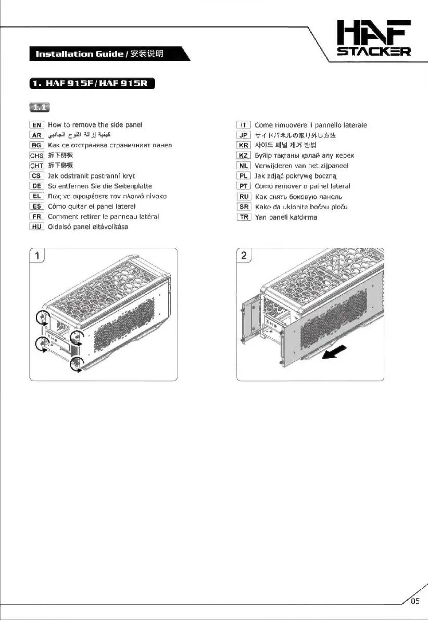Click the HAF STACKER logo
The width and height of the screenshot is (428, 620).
click(x=373, y=37)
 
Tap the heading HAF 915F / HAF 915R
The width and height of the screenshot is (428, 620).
click(x=91, y=84)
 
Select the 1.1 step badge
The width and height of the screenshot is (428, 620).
click(x=40, y=108)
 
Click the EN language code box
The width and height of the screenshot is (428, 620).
click(x=37, y=125)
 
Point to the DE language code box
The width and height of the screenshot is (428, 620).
click(x=37, y=186)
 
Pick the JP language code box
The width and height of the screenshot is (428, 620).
click(x=244, y=135)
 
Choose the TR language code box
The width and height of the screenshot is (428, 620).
click(x=244, y=217)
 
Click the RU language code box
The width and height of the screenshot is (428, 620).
click(x=244, y=196)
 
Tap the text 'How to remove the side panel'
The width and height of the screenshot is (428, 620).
click(x=95, y=125)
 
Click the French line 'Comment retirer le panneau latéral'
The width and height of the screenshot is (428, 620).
click(x=103, y=217)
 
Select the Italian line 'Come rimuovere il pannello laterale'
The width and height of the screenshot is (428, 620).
click(x=310, y=125)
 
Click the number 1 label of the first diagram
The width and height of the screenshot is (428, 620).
click(x=38, y=256)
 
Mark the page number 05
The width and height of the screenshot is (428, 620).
click(x=414, y=602)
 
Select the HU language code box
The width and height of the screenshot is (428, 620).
click(x=37, y=226)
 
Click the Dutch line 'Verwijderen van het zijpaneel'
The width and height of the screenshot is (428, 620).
click(x=301, y=166)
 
